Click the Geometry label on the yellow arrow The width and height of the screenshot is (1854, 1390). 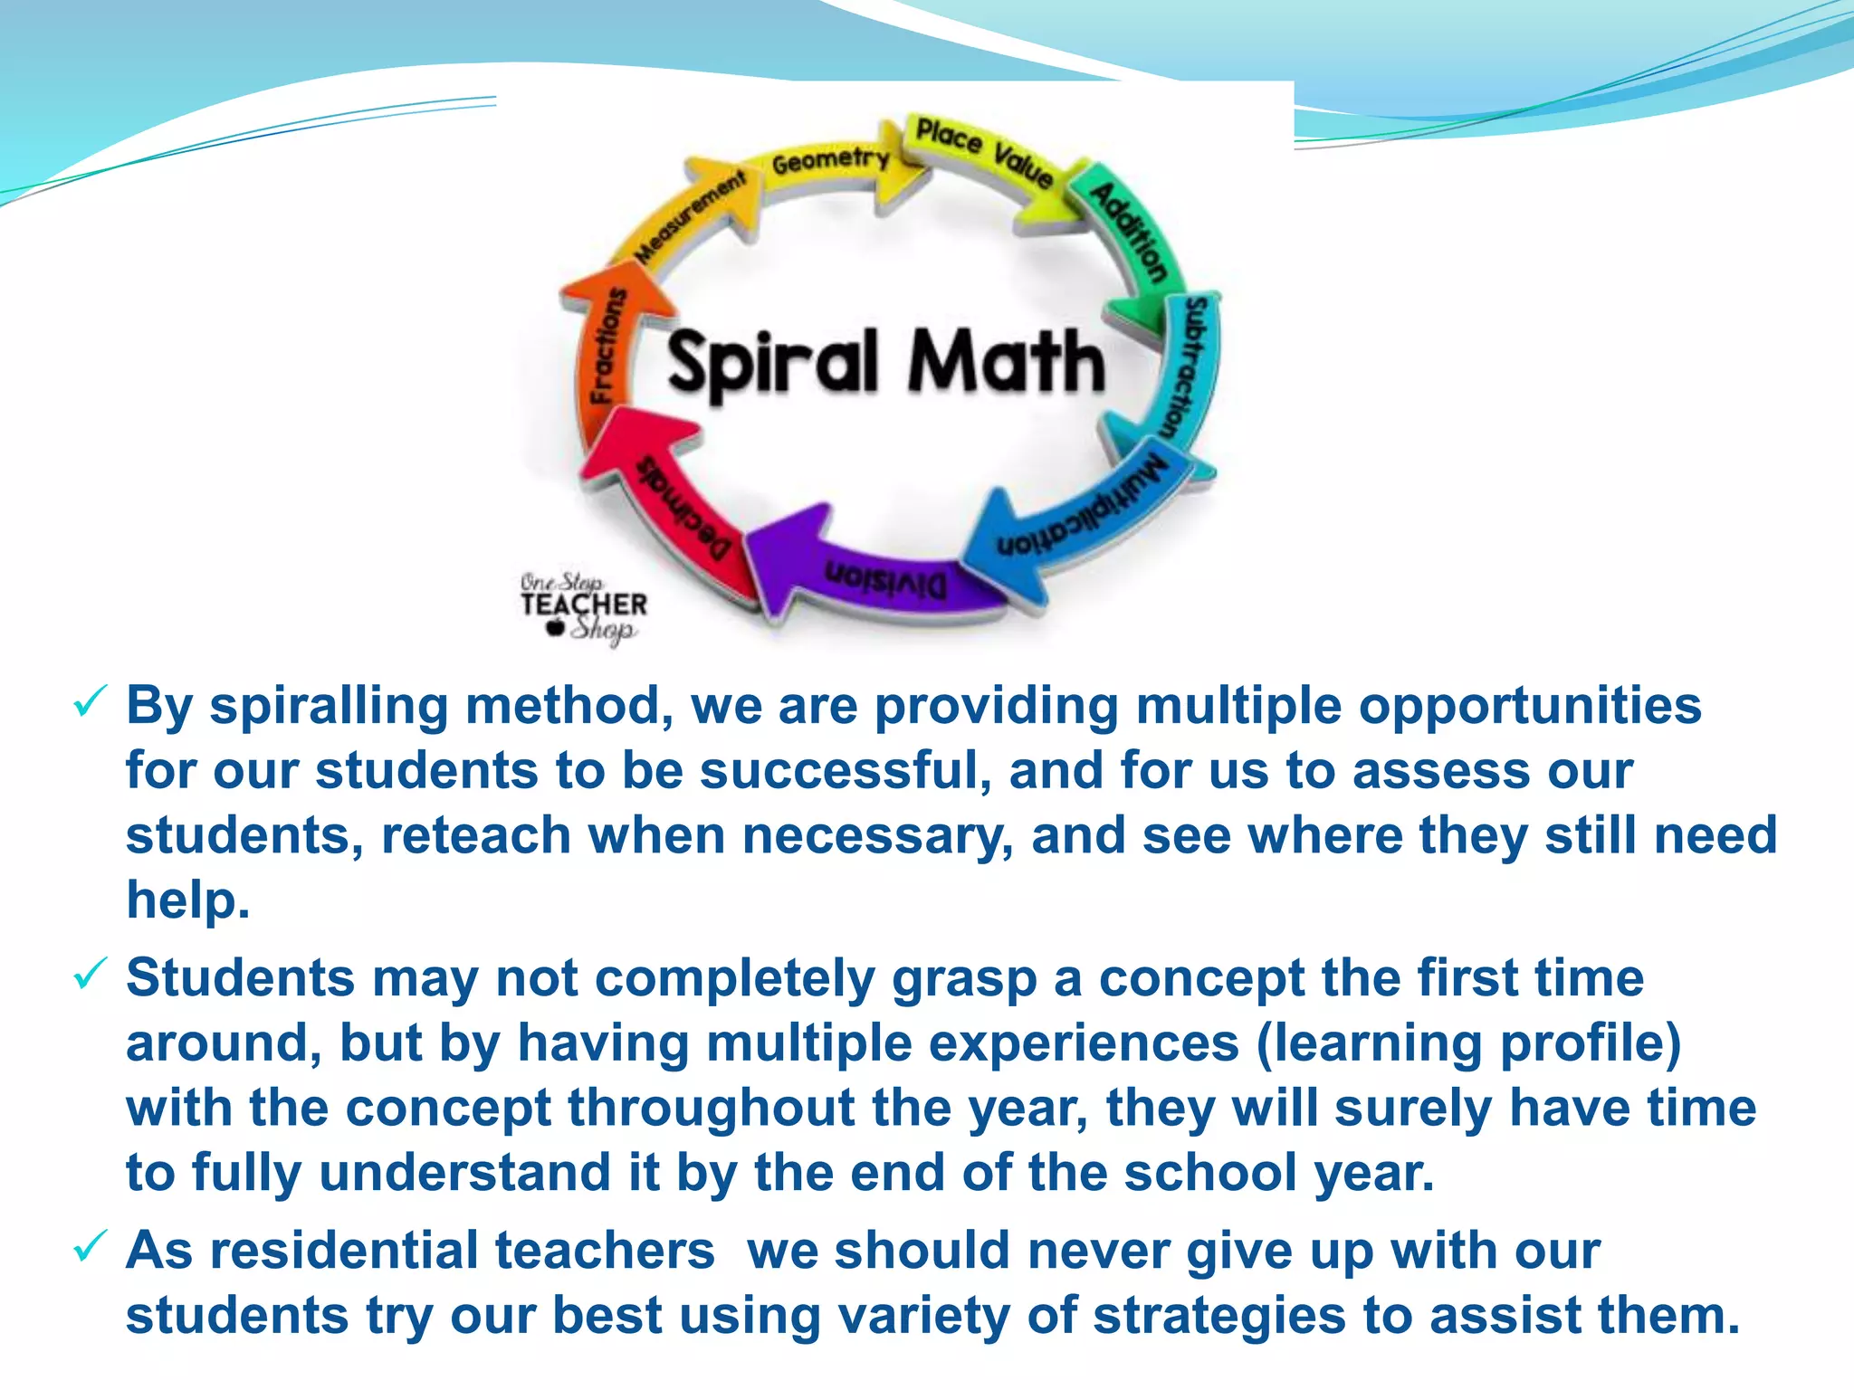(829, 162)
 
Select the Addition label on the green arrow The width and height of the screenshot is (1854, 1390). (1128, 232)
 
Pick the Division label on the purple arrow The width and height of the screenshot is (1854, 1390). (884, 579)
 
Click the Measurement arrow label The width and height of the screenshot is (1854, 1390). (690, 218)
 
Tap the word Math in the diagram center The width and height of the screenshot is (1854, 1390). (1006, 362)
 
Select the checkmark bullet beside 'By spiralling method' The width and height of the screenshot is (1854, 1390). (90, 702)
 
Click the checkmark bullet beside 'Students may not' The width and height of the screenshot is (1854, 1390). (90, 975)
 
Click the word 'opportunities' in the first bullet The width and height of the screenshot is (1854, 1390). (1530, 706)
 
